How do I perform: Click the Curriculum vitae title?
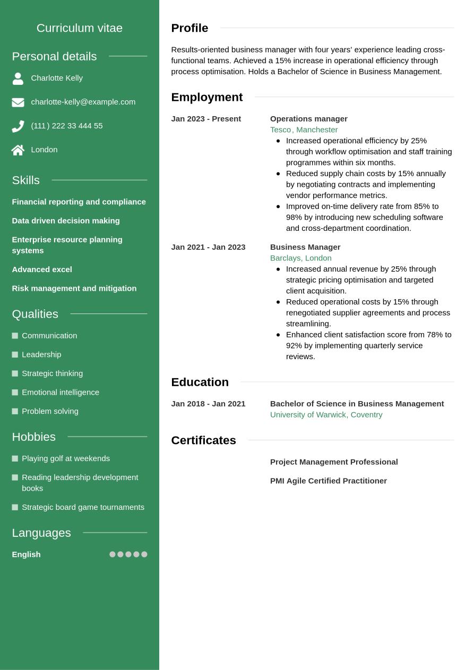79,28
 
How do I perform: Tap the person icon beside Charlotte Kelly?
18,79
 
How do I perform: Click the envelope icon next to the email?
18,102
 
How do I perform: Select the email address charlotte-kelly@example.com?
83,102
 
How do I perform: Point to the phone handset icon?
18,126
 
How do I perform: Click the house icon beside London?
18,150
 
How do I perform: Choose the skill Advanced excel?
42,269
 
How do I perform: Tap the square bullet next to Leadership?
15,354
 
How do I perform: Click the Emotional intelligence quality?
61,393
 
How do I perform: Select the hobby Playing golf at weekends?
66,458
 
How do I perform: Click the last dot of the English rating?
144,554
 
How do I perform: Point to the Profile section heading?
189,28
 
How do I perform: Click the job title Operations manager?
308,119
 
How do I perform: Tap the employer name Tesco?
280,130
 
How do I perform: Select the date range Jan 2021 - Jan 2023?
208,247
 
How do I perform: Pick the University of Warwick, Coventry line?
326,415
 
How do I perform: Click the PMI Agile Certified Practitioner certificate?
328,481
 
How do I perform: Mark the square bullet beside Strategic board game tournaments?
15,507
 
